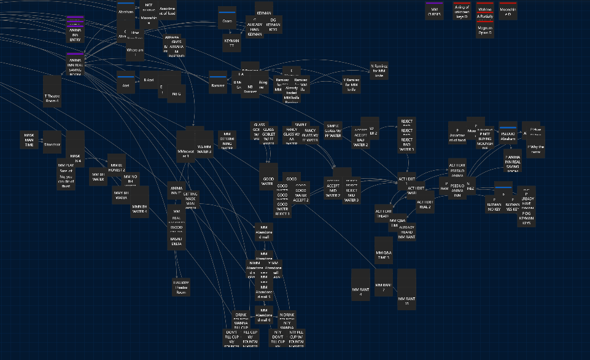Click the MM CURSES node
[435, 10]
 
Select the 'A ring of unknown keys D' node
[462, 10]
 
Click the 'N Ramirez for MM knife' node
[379, 71]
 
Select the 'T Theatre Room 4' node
[52, 91]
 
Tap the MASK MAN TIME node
[29, 140]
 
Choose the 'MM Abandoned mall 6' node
[264, 315]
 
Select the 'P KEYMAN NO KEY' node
[494, 205]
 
